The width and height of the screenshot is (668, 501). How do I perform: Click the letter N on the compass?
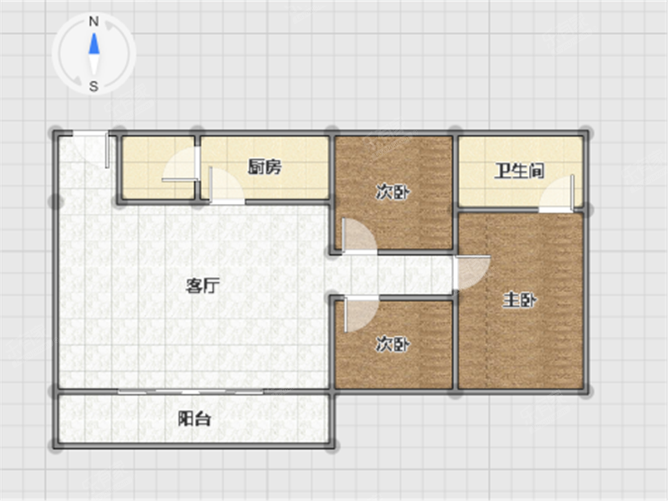click(x=94, y=22)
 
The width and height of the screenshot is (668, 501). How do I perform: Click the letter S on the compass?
click(x=94, y=86)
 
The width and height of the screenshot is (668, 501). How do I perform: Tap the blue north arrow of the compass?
click(x=94, y=43)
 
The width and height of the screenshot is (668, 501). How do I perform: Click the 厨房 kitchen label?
click(x=264, y=167)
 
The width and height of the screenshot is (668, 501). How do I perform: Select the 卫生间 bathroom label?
click(x=519, y=171)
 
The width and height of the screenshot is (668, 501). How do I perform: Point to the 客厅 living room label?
click(x=203, y=286)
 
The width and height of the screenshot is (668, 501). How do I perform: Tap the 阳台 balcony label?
click(x=194, y=419)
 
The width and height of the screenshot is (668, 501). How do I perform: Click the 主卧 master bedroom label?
click(x=519, y=301)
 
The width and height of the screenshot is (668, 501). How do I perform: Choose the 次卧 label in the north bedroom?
click(x=392, y=193)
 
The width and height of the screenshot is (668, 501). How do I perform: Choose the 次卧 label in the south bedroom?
click(x=392, y=344)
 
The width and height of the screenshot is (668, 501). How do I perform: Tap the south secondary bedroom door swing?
click(x=361, y=313)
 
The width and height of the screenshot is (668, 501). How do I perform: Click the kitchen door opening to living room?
click(x=227, y=185)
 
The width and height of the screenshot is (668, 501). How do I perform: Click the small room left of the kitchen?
click(x=158, y=168)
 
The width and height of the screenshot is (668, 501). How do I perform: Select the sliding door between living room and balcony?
click(x=190, y=391)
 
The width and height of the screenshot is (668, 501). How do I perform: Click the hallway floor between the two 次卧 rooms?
click(x=392, y=275)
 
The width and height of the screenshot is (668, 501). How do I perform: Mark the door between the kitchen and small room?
click(x=180, y=164)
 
